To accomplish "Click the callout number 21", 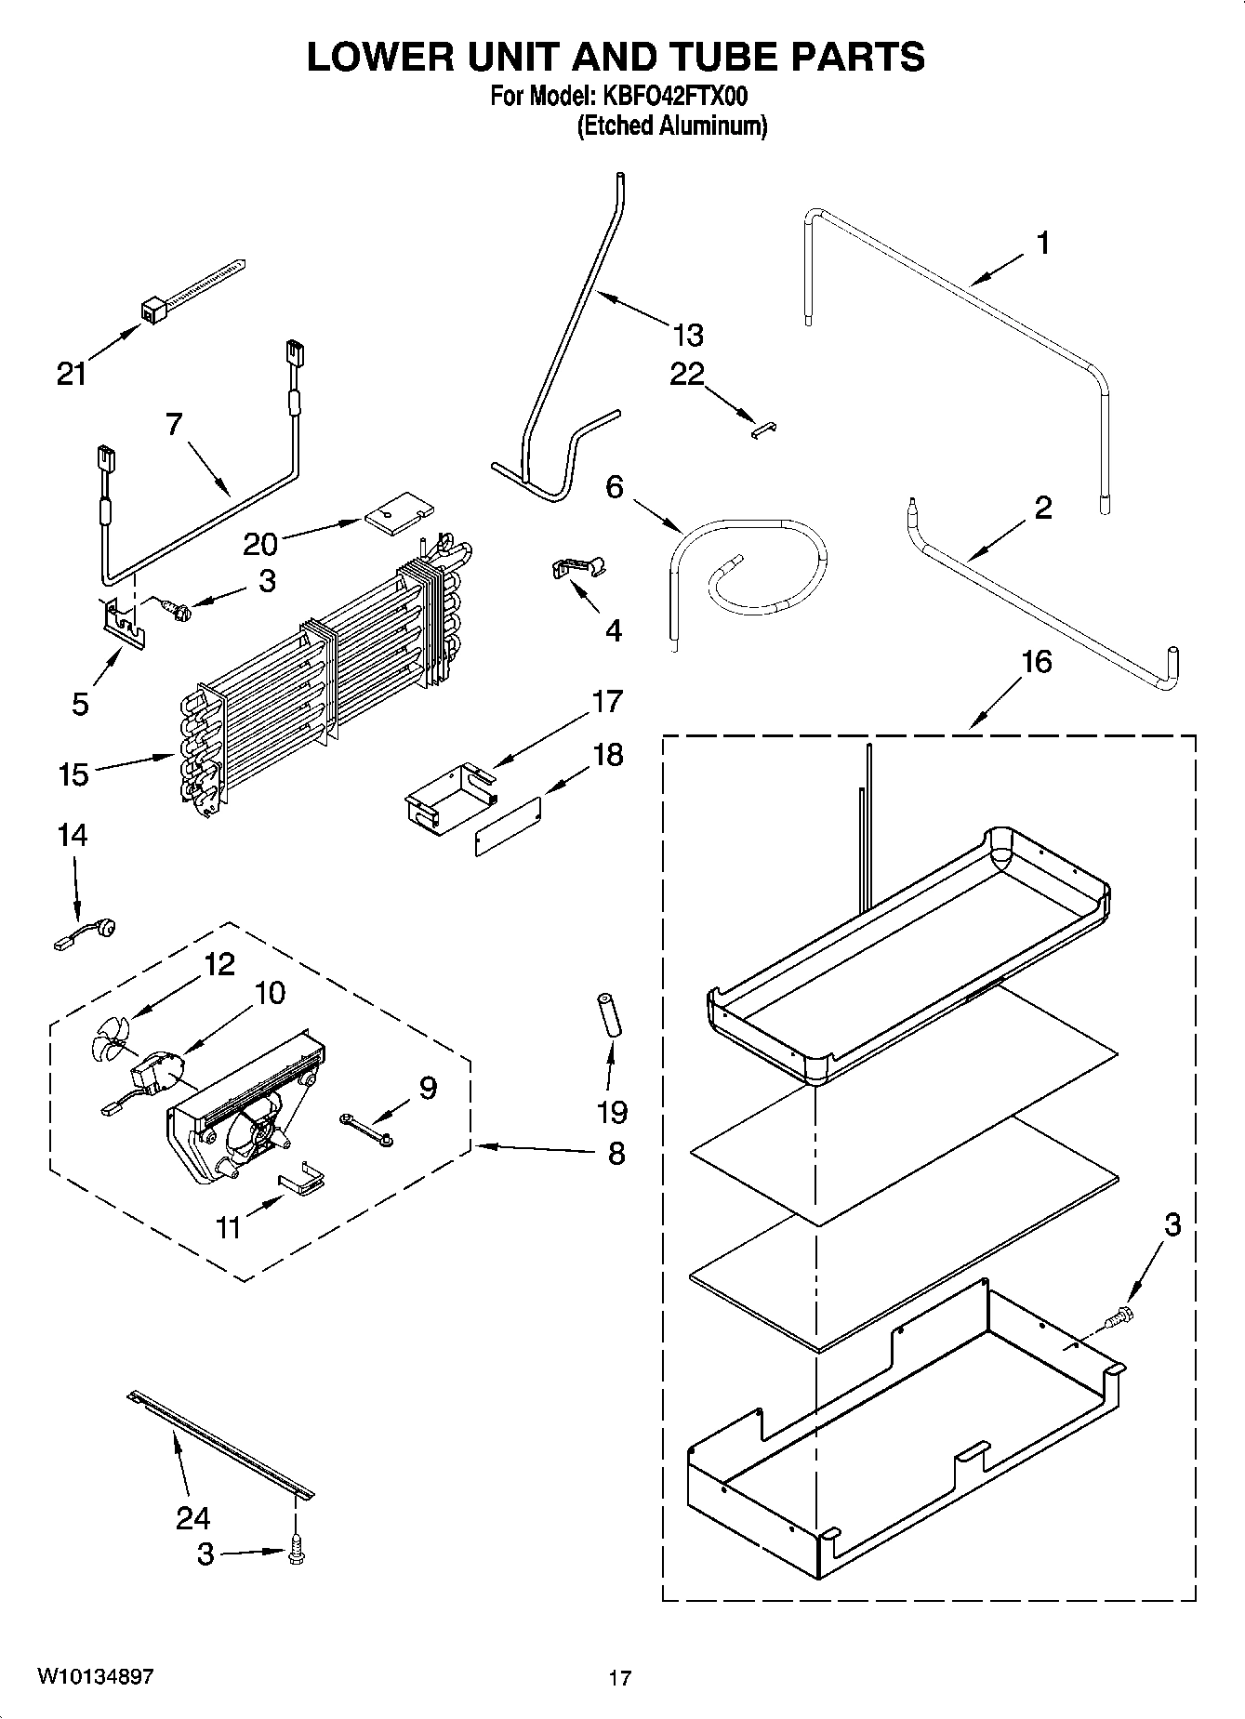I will coord(72,375).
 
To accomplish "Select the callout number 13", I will coord(688,335).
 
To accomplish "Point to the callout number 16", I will coord(1037,663).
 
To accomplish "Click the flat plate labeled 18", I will coord(508,824).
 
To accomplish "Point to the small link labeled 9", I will coord(366,1129).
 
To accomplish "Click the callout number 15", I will coord(73,774).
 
